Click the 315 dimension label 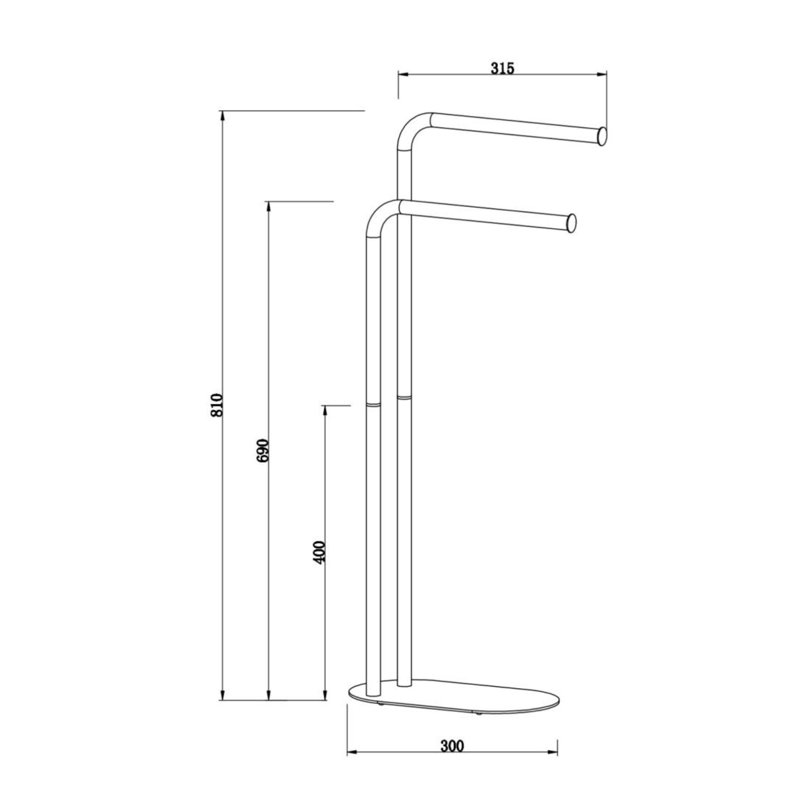[502, 68]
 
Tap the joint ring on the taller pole [404, 397]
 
